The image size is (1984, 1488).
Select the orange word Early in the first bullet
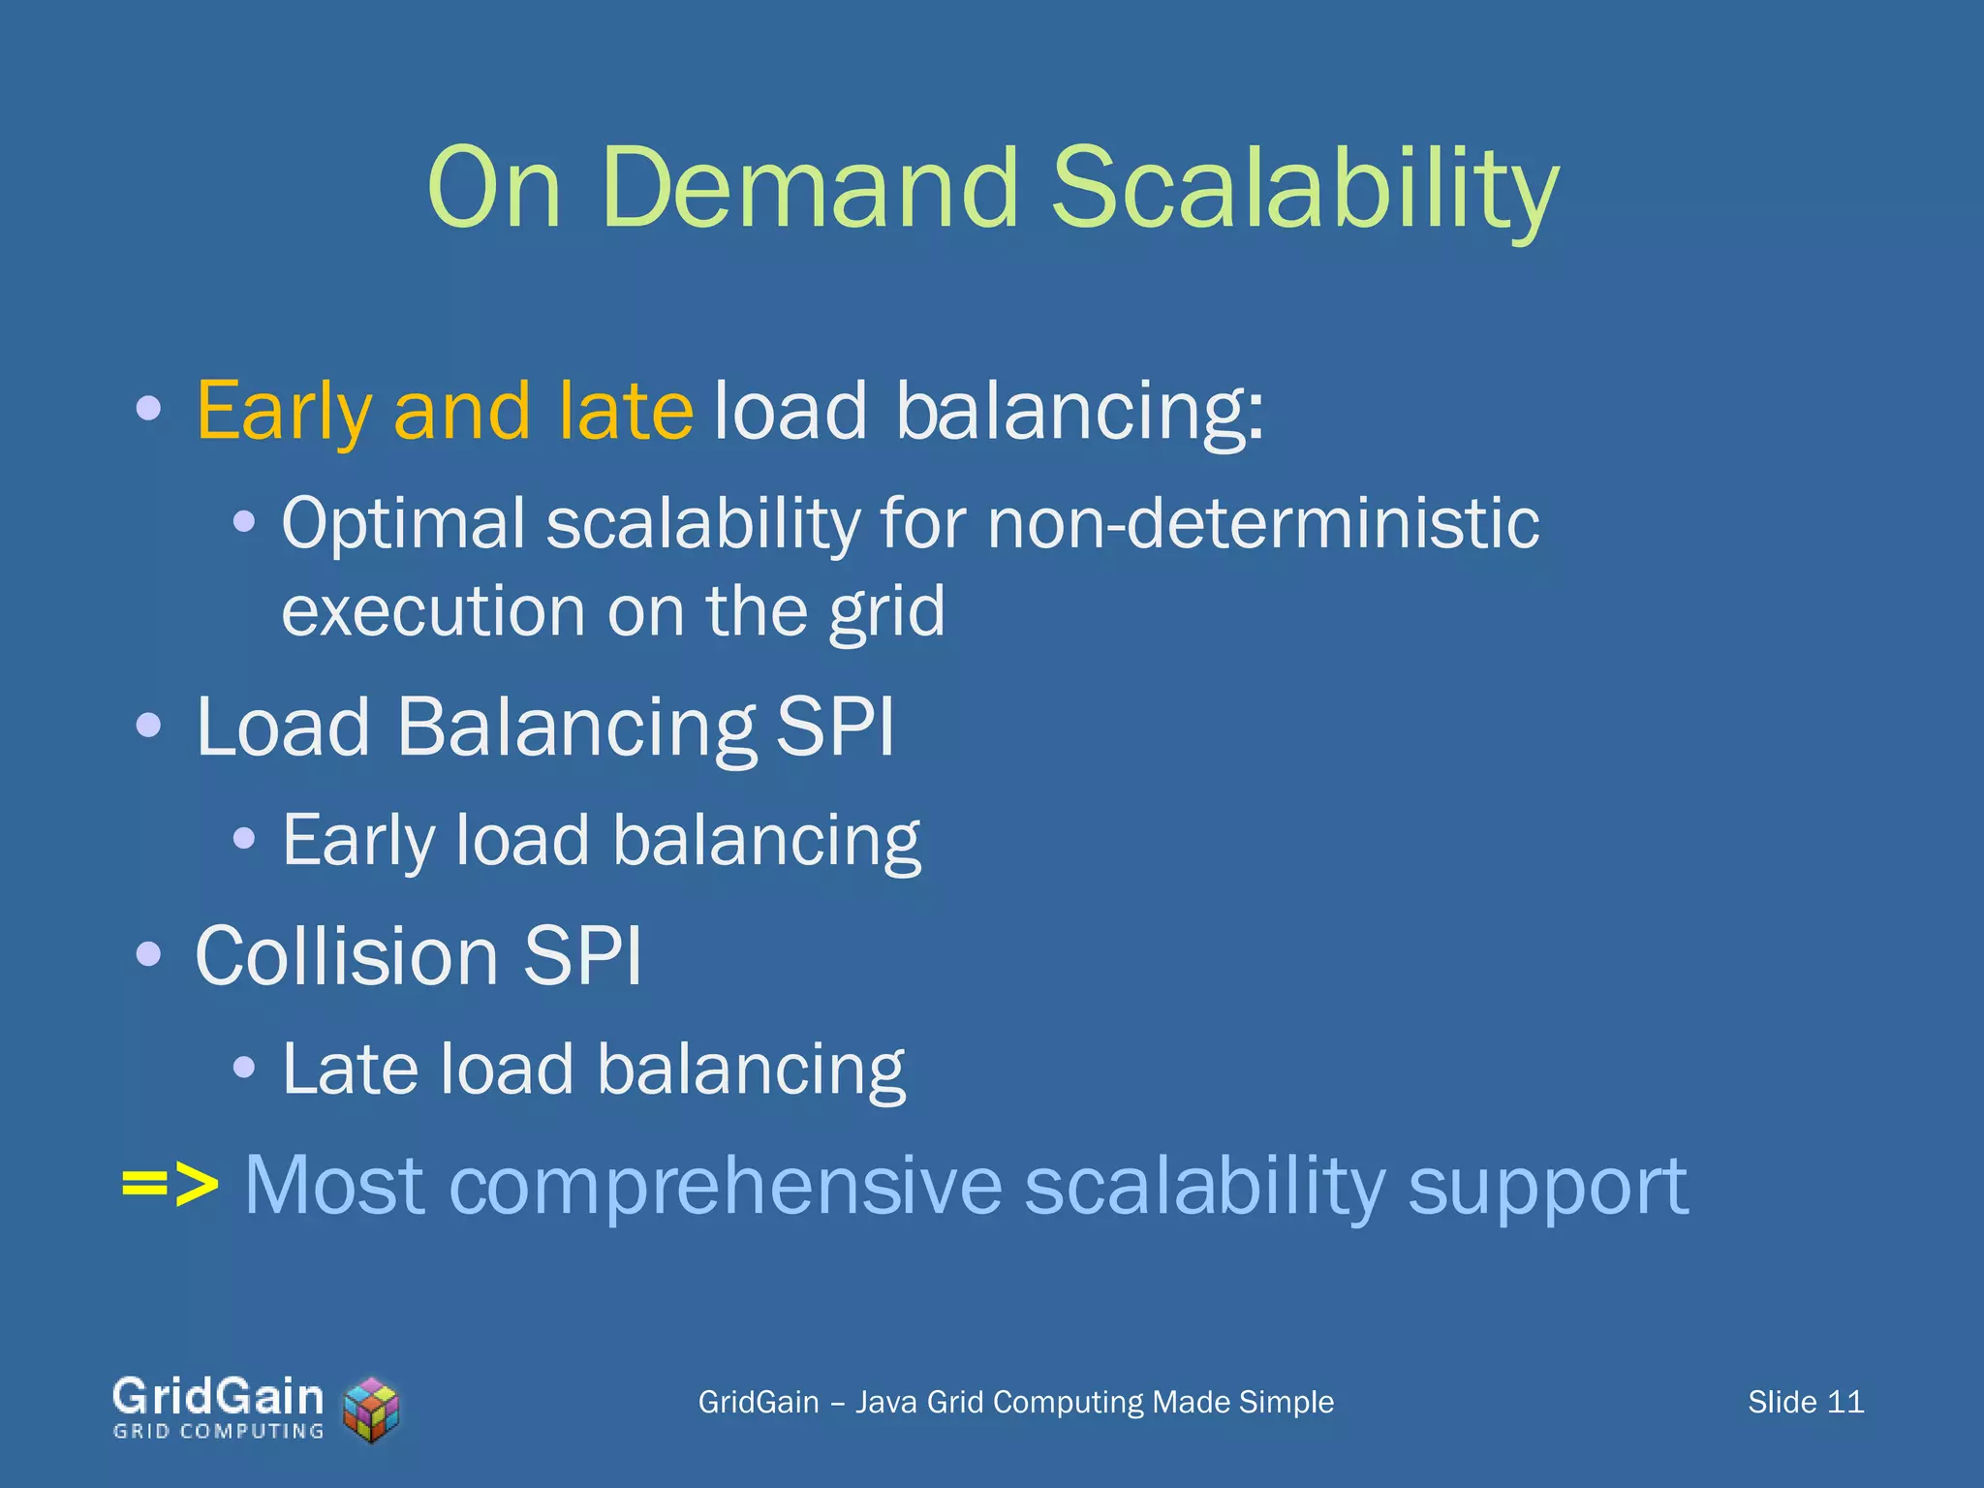click(283, 411)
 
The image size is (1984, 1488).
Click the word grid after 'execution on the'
click(886, 612)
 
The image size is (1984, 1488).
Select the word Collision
click(346, 956)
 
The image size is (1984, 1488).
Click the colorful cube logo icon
click(372, 1410)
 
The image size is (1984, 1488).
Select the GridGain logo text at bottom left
click(218, 1396)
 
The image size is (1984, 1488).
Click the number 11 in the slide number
click(1844, 1402)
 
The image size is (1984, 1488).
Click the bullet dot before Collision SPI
click(148, 955)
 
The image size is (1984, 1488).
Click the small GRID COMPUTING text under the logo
click(218, 1431)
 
